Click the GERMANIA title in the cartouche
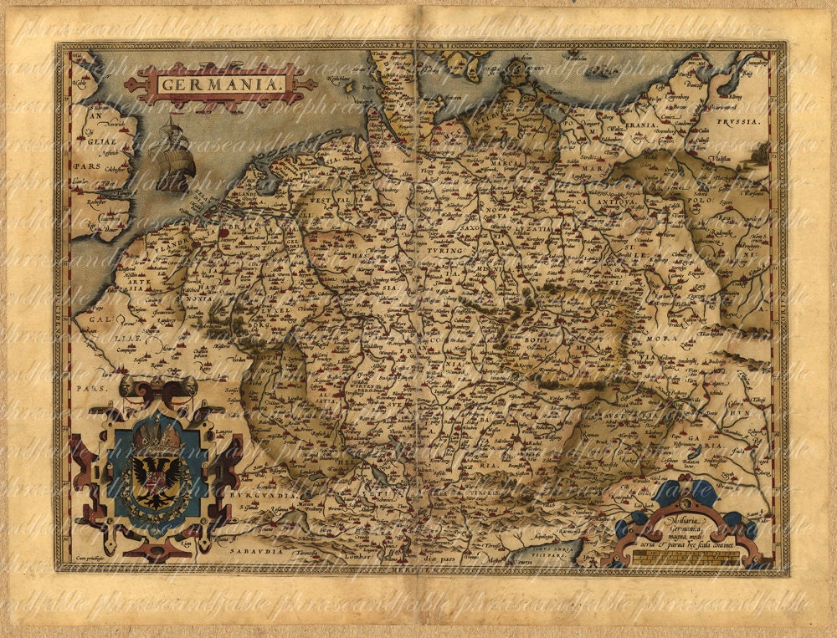click(220, 85)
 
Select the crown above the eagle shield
click(156, 432)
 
